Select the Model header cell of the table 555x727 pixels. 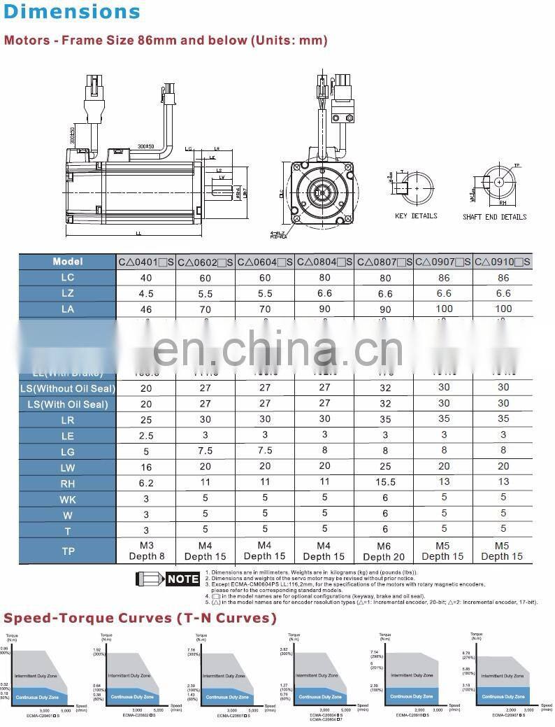tap(67, 262)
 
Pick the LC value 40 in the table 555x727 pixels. tap(145, 278)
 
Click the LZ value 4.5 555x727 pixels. tap(145, 293)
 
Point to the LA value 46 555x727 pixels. tap(145, 309)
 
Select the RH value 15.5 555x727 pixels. tap(384, 482)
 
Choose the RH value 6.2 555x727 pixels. tap(145, 483)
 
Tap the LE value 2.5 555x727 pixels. tap(145, 435)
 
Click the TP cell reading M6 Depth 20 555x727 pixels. tap(384, 551)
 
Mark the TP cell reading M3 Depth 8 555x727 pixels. tap(146, 551)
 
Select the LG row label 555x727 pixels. tap(67, 452)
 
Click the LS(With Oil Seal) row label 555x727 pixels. tap(67, 404)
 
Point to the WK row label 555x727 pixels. tap(67, 498)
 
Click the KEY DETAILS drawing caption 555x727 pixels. tap(416, 216)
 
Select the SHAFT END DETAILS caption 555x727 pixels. tap(494, 217)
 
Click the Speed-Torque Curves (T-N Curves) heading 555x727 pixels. tap(140, 618)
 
